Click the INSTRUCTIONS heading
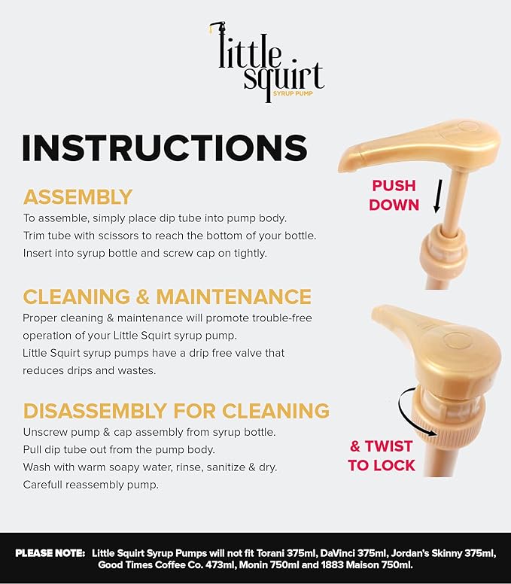click(x=165, y=148)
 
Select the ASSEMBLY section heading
click(x=78, y=197)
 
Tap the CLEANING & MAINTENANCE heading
click(x=167, y=297)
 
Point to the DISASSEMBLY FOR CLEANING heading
click(x=176, y=411)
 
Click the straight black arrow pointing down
click(x=438, y=196)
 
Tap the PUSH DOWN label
click(x=394, y=195)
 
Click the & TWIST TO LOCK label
click(x=382, y=455)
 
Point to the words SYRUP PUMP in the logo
click(x=293, y=93)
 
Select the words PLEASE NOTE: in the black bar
click(x=50, y=553)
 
